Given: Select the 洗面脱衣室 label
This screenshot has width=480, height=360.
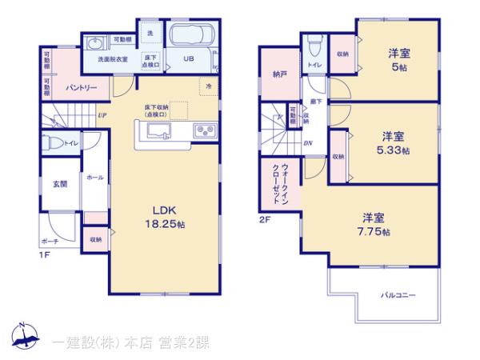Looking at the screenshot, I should (113, 59).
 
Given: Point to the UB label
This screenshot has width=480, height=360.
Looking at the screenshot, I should (190, 58).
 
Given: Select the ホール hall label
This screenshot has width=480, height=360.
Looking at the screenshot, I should (94, 178).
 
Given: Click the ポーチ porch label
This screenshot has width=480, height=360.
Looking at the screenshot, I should (50, 241).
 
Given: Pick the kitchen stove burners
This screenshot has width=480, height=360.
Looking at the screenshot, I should (200, 130).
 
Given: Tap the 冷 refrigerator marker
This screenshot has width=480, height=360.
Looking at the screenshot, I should (208, 86).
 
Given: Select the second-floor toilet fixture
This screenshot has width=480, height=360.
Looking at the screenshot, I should (315, 40).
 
